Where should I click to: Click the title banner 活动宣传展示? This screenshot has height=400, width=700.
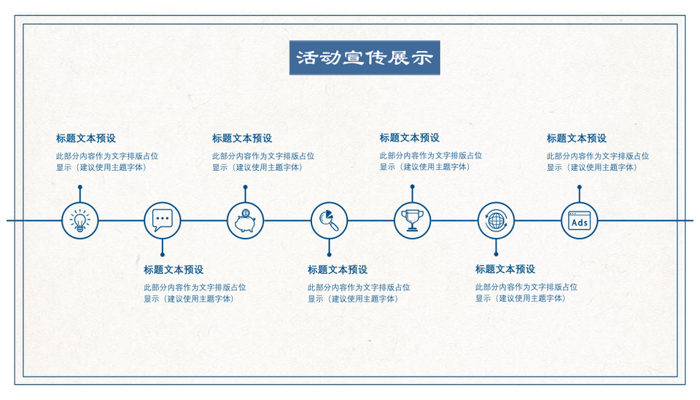point(365,58)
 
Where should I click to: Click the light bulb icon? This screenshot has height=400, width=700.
point(80,220)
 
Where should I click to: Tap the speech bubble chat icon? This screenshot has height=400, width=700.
point(163,220)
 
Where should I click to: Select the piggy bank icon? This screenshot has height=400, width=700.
point(245,220)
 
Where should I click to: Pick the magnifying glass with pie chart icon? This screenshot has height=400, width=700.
point(329,220)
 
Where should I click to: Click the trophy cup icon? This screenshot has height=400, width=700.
point(412,220)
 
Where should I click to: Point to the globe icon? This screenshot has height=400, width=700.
point(496,220)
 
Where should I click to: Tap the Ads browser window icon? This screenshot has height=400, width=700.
point(579,220)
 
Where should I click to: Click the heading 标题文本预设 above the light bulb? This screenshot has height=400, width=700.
point(86,139)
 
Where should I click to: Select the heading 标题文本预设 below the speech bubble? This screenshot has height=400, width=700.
point(174,270)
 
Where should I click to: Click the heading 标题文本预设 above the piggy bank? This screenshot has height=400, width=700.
point(242,139)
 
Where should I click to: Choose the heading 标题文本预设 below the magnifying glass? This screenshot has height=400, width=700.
point(338,270)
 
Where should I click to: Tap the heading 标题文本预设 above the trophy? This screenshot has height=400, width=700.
point(409,138)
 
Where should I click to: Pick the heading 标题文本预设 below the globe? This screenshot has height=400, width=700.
point(505,269)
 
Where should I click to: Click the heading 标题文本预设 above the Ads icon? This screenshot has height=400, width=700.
point(576,139)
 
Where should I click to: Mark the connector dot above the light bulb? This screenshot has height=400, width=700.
point(80,187)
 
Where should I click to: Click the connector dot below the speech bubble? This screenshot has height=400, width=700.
point(163,255)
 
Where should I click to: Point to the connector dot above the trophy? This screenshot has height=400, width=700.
point(412,186)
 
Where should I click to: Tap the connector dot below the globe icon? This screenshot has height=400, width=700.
point(496,254)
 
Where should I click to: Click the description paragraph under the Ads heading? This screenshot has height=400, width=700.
point(598,162)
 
